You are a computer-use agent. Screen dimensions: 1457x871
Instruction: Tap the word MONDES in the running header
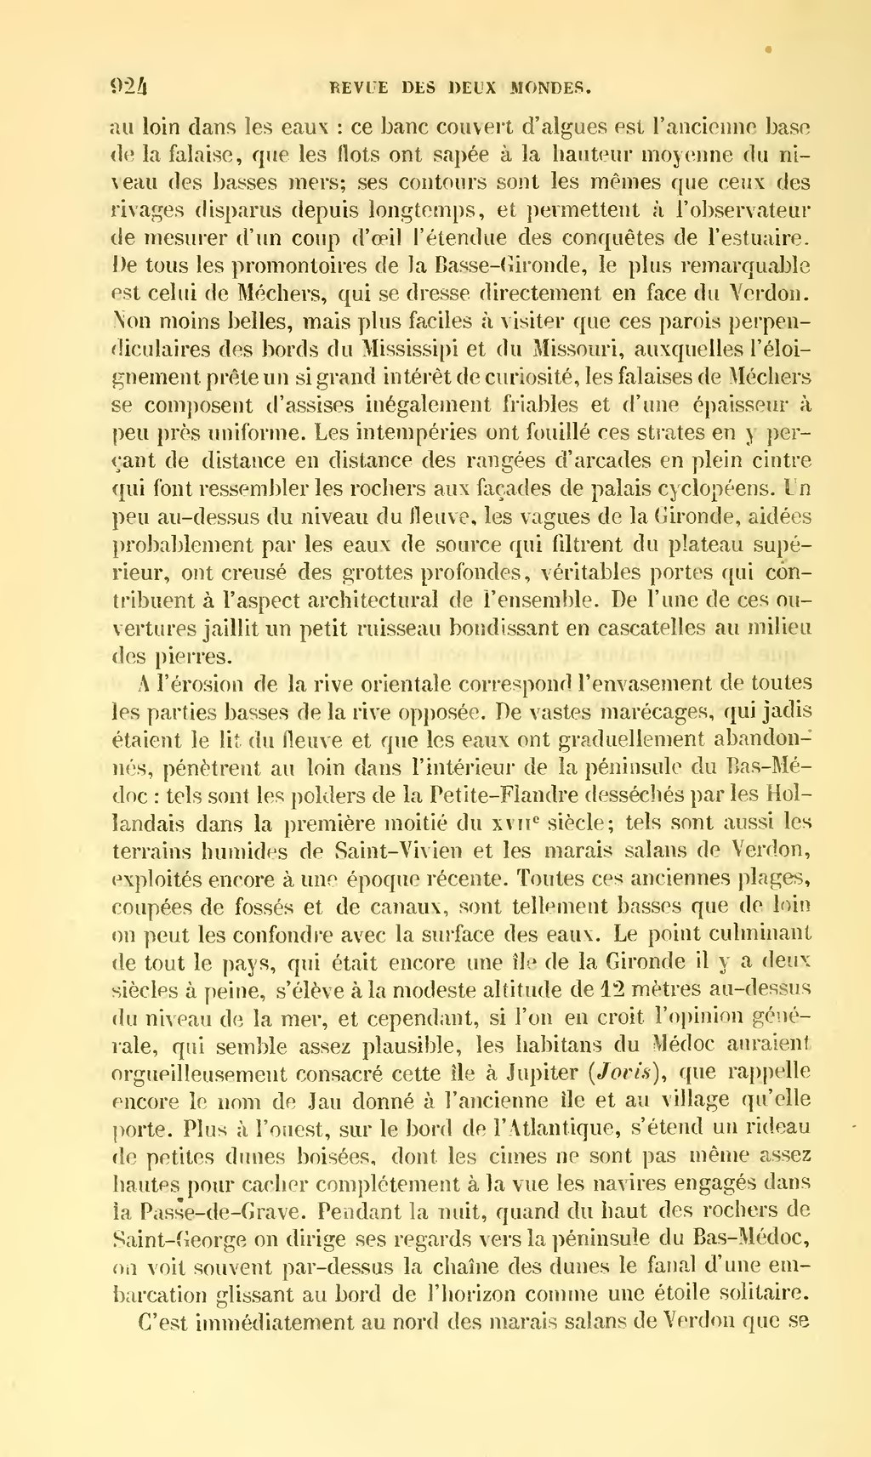(x=551, y=87)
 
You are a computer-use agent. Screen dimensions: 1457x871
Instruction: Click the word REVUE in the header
(x=358, y=87)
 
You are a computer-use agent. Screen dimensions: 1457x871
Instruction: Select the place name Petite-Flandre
(x=502, y=795)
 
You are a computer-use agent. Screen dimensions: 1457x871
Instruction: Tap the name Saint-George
(x=182, y=1239)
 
